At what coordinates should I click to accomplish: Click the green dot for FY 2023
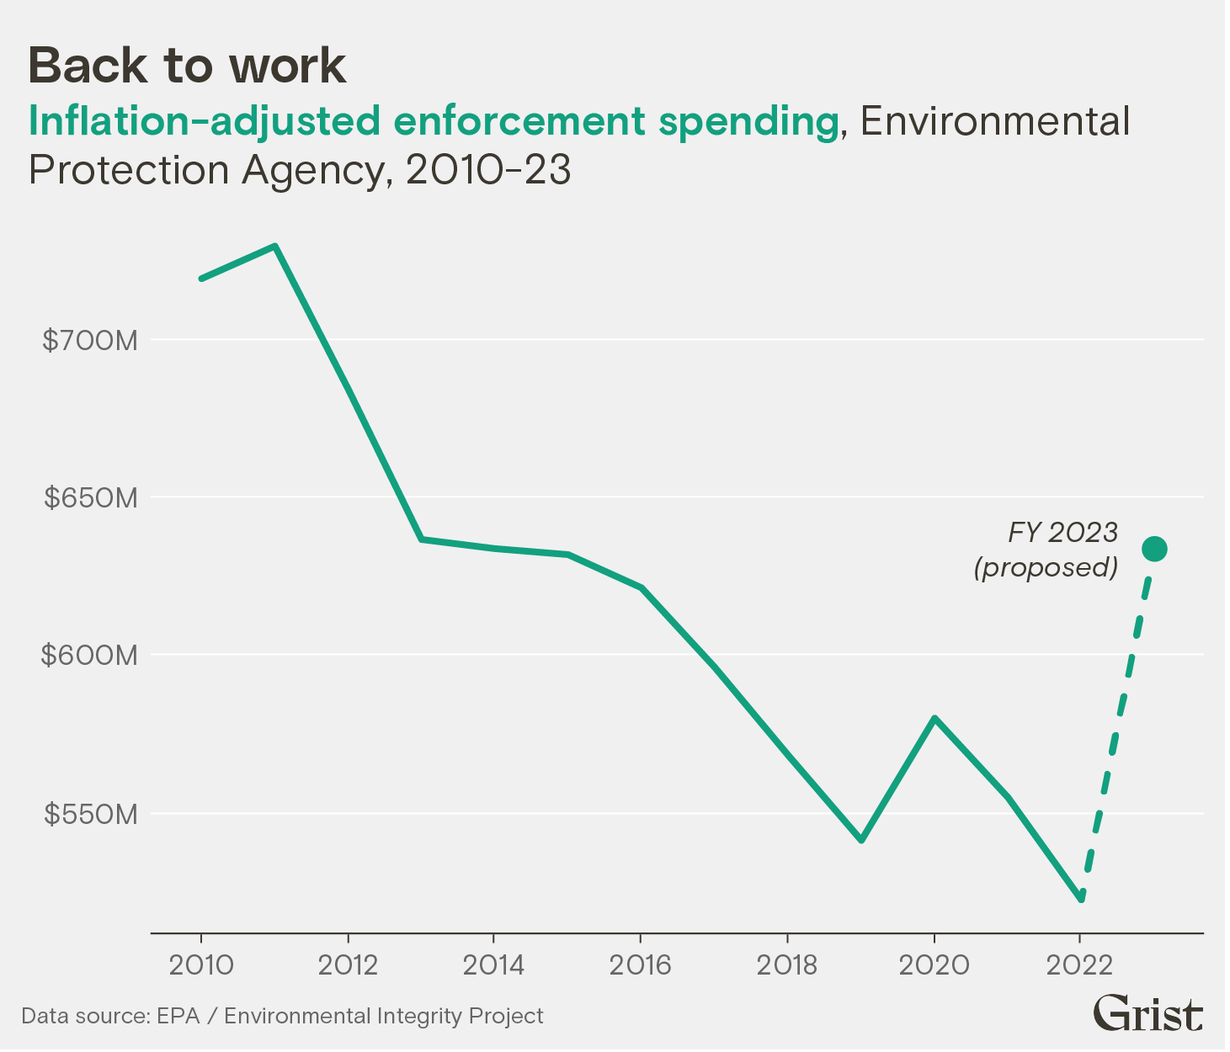click(1153, 550)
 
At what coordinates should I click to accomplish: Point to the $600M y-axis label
click(89, 656)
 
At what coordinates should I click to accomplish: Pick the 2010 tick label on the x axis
click(201, 964)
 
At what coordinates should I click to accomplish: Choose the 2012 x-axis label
click(348, 964)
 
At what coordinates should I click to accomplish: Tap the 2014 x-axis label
click(493, 964)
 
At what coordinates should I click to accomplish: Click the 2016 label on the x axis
click(640, 964)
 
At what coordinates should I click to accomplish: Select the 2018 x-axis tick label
click(786, 964)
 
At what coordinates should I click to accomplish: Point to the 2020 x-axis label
click(933, 964)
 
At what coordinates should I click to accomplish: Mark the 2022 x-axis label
click(1079, 964)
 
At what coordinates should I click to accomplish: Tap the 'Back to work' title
click(187, 66)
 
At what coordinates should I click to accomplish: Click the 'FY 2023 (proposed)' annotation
click(1046, 550)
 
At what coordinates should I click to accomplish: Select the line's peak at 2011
click(274, 247)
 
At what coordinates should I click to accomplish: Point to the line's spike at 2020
click(934, 718)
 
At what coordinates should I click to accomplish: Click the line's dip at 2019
click(860, 840)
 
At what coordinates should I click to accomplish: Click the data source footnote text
click(282, 1016)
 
